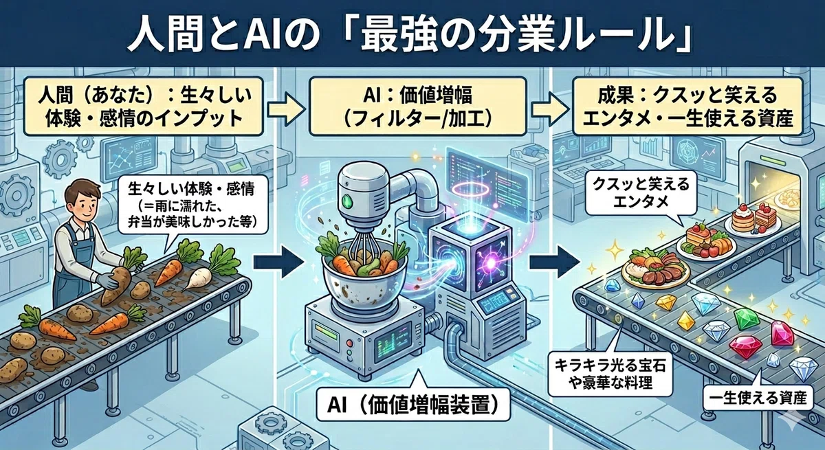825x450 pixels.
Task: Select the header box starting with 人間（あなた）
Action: (144, 106)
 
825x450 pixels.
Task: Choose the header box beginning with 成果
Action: (687, 106)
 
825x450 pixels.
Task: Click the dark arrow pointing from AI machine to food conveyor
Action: (553, 261)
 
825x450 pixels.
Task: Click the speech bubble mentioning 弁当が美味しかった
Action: (192, 204)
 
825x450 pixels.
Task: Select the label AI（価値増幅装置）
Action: (413, 405)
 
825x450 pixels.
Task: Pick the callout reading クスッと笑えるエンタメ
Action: (641, 193)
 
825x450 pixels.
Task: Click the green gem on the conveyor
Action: (747, 319)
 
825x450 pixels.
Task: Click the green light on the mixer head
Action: (346, 201)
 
